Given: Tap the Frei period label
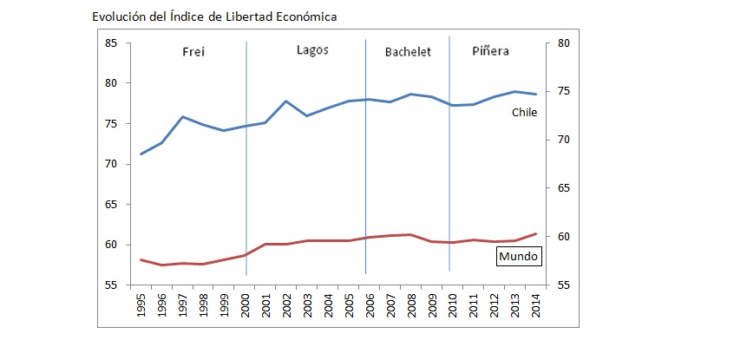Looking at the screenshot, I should pos(193,51).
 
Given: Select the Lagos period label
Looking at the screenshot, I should pos(312,50).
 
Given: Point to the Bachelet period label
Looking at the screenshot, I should pos(408,51).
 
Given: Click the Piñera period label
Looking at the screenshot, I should pos(490,51).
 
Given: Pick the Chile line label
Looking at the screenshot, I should pos(523,112).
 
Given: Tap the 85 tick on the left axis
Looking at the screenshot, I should pos(112,43).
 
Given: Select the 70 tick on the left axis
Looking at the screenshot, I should pos(112,164).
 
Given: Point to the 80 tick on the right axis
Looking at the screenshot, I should pos(560,43).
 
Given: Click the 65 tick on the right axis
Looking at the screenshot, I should pos(560,188).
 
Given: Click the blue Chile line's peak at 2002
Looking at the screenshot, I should pos(286,101).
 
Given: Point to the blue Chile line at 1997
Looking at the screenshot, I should pos(182,116).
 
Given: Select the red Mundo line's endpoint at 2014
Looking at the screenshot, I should pos(535,233).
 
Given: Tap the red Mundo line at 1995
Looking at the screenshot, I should pos(141,259).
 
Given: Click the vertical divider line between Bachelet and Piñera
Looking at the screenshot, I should pos(449,156).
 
